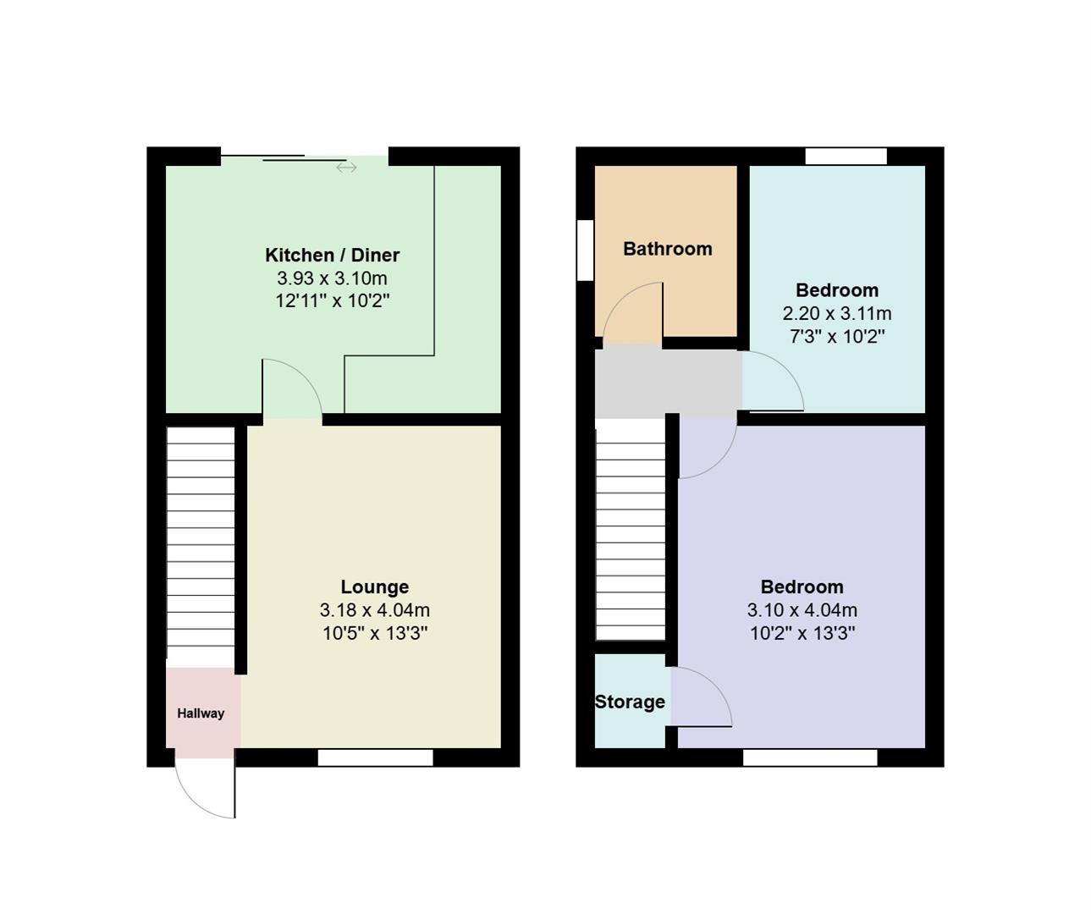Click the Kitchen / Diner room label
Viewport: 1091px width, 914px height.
332,255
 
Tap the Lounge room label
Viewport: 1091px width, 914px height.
374,586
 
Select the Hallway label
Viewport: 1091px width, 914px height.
201,713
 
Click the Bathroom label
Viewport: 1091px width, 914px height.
667,249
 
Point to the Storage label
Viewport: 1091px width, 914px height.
630,702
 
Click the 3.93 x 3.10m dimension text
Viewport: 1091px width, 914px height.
332,278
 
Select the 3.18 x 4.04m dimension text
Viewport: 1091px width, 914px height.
374,609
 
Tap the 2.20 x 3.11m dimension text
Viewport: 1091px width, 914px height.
836,313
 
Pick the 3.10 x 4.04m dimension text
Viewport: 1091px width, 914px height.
802,609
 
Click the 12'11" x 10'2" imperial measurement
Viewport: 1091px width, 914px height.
332,300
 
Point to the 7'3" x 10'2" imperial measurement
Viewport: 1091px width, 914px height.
836,336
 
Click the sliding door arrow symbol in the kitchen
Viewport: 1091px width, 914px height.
346,168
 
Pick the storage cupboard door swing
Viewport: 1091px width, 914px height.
703,696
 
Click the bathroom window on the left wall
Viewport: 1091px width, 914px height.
585,250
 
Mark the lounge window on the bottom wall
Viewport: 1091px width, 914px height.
375,757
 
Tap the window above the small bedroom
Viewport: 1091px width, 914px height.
846,156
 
